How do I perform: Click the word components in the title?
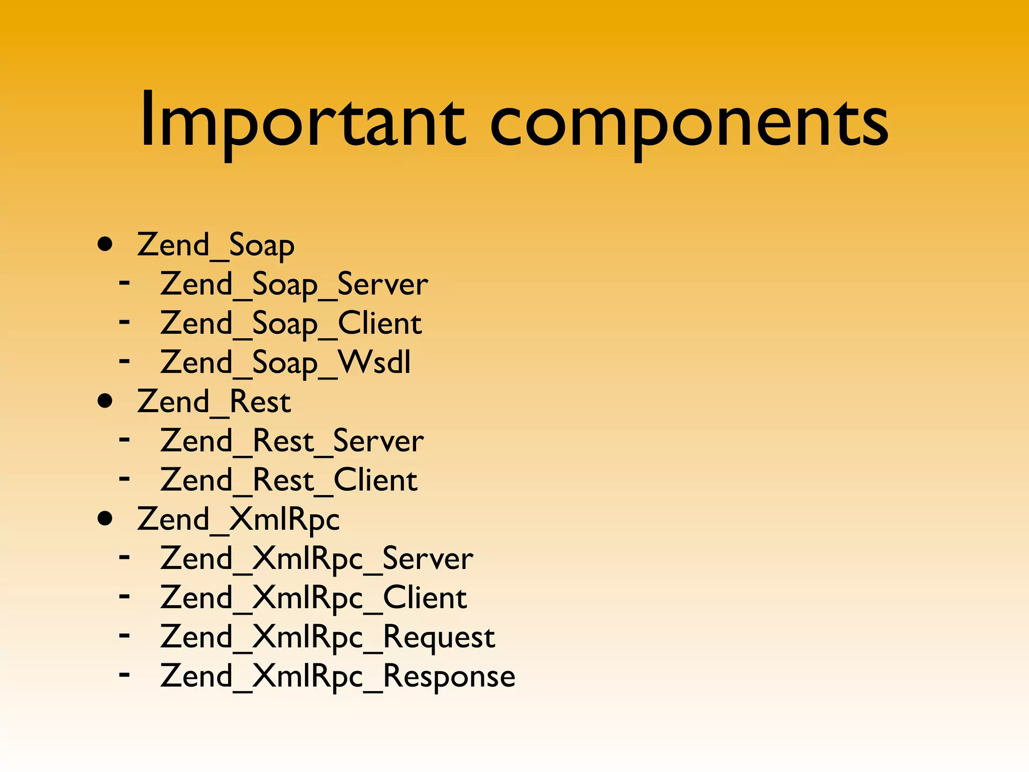[x=689, y=123]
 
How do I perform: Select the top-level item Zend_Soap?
[x=216, y=246]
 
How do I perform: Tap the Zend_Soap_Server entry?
[x=294, y=285]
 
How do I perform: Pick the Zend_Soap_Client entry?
[x=291, y=324]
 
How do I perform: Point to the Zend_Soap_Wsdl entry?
[x=285, y=363]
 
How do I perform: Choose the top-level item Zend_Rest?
[x=214, y=403]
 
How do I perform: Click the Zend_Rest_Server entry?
[x=292, y=442]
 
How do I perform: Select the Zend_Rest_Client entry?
[x=289, y=481]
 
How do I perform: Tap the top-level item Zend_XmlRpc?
[x=238, y=520]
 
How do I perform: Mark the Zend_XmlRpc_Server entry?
[x=317, y=559]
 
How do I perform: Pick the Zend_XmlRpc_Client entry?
[x=314, y=598]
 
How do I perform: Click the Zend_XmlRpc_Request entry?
[x=328, y=637]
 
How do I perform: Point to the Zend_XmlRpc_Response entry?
[x=338, y=677]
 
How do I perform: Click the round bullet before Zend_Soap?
[x=105, y=245]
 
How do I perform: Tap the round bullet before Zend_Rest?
[x=105, y=402]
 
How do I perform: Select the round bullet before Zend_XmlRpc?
[x=105, y=519]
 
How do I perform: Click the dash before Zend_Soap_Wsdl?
[x=124, y=360]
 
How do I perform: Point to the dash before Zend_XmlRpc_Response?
[x=124, y=674]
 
